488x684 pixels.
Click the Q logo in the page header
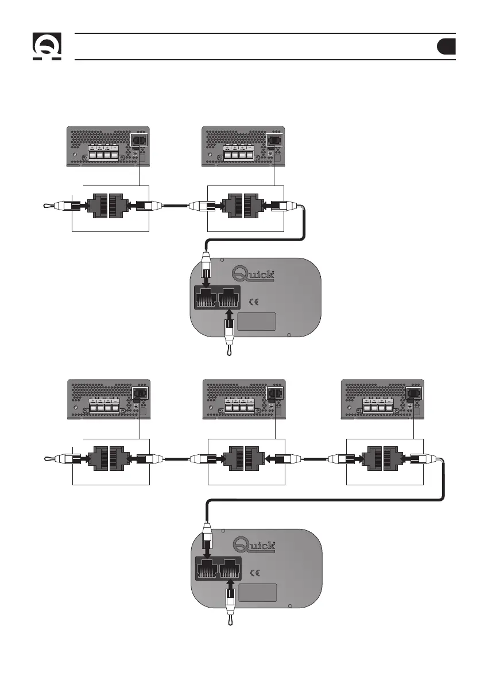(46, 47)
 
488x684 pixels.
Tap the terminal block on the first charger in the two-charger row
(103, 154)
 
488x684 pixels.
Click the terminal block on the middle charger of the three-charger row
(239, 407)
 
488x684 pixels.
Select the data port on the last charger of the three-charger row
(413, 393)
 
